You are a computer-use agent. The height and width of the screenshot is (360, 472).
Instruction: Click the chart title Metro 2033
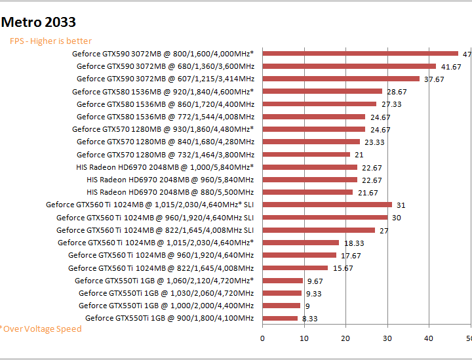click(x=39, y=23)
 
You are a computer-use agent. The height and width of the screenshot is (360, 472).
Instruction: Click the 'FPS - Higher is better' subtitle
click(x=50, y=41)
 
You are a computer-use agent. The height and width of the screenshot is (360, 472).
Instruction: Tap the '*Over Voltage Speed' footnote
click(x=41, y=329)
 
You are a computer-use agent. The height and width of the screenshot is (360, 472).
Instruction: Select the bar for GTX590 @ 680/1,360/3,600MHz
click(x=349, y=66)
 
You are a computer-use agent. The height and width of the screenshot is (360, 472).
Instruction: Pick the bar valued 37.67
click(x=341, y=79)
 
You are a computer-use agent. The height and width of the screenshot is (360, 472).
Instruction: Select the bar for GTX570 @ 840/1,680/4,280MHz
click(x=311, y=142)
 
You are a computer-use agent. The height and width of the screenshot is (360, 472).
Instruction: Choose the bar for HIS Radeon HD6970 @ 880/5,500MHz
click(x=307, y=192)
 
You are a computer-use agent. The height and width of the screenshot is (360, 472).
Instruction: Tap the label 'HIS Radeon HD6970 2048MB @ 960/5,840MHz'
click(x=170, y=180)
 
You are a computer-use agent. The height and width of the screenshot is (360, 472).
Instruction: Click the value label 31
click(x=401, y=205)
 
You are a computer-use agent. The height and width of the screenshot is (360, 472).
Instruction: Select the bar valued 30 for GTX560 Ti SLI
click(x=325, y=217)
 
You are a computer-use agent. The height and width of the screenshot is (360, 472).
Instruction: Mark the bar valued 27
click(x=319, y=230)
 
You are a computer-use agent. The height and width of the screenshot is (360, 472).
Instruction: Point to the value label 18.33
click(x=354, y=243)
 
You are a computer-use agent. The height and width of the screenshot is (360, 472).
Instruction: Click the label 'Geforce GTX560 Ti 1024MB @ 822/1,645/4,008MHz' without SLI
click(x=161, y=268)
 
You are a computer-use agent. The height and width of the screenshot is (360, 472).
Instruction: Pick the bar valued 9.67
click(x=283, y=281)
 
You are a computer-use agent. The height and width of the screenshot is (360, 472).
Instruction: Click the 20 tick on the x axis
click(x=345, y=338)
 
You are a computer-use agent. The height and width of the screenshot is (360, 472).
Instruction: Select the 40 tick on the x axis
click(x=429, y=338)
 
